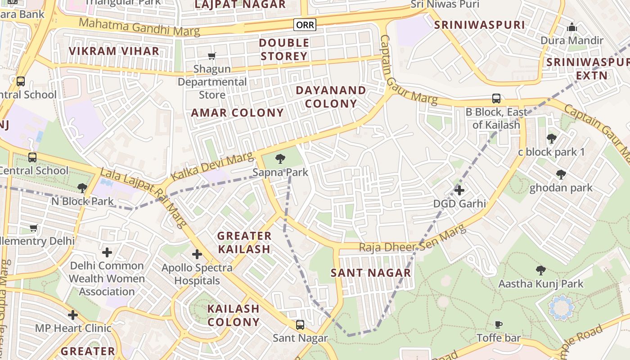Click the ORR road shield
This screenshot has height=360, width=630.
click(x=305, y=25)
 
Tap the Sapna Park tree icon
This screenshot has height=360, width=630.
click(x=280, y=158)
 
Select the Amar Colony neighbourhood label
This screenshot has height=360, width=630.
click(x=238, y=112)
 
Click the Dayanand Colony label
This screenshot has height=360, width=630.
click(x=331, y=97)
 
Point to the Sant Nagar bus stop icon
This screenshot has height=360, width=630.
click(x=300, y=324)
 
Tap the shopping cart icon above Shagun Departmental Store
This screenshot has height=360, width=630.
click(x=211, y=56)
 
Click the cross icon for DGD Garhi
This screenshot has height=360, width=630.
click(x=459, y=190)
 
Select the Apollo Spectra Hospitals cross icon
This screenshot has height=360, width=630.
click(x=197, y=254)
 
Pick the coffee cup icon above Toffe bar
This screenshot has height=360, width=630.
click(x=498, y=324)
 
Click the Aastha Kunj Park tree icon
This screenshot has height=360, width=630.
click(x=540, y=270)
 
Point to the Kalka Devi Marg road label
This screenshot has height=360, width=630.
click(x=212, y=166)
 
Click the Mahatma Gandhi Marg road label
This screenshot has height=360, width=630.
click(x=139, y=27)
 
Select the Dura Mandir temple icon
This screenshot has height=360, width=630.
click(x=572, y=27)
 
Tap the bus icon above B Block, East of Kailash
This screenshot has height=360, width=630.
click(x=496, y=98)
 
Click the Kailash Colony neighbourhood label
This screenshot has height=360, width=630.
click(x=234, y=315)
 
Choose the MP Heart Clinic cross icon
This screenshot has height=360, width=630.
click(x=73, y=315)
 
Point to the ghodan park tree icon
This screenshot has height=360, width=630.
click(x=561, y=174)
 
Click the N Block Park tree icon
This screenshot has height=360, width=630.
click(x=82, y=188)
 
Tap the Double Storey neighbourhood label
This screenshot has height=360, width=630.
click(x=284, y=49)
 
